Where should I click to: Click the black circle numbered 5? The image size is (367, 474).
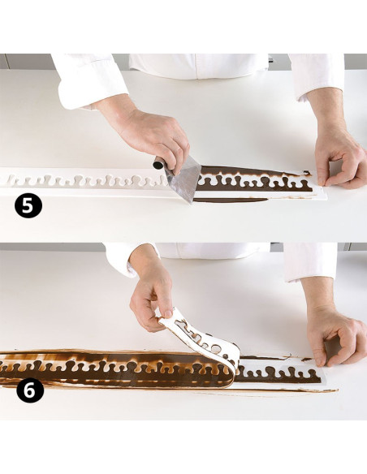coord(28,205)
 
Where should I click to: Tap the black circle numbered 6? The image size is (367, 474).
coord(29,390)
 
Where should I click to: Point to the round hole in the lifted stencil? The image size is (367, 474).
coord(216,350)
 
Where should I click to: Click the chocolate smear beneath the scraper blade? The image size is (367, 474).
coord(230,200)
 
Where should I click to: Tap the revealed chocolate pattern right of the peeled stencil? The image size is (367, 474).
coord(278,374)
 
